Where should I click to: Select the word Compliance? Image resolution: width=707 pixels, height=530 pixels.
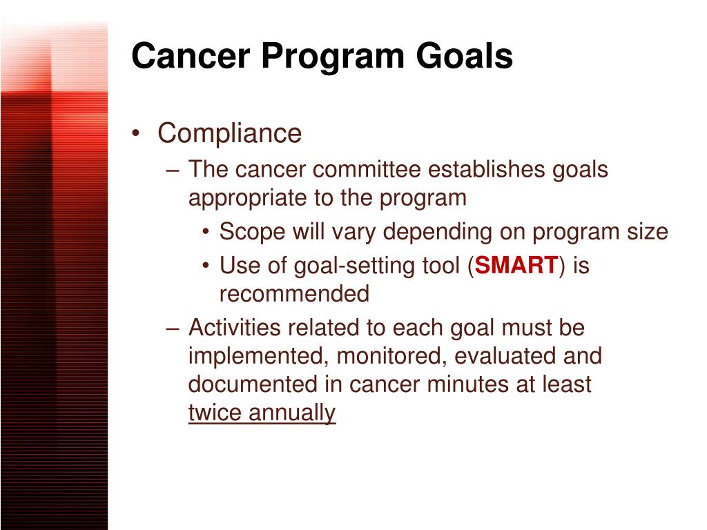coord(230,134)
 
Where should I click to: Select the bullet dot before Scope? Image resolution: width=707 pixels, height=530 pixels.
coord(206,233)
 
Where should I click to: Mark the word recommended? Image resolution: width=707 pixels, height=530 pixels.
coord(294,294)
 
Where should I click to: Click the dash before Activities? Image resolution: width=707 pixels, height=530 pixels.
coord(173,328)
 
